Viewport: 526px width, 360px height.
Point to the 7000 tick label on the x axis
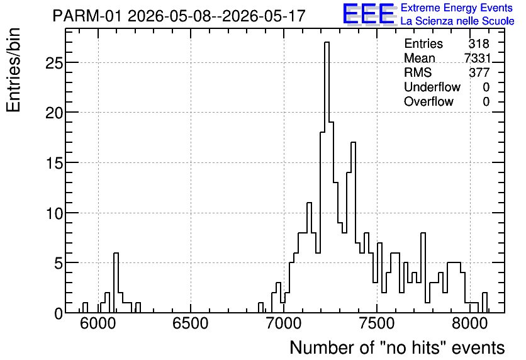[284, 324]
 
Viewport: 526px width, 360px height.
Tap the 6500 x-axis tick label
[191, 324]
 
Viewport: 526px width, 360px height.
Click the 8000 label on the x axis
[469, 324]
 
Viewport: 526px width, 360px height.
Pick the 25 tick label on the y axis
[54, 63]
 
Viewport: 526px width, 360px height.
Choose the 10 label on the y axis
[54, 213]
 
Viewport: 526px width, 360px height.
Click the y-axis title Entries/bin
[13, 70]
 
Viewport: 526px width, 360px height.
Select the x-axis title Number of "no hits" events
[397, 347]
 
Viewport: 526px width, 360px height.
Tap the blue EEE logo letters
[369, 14]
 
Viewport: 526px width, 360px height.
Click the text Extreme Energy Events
[457, 8]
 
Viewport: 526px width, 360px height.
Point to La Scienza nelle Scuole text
[457, 21]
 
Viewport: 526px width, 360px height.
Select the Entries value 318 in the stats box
[479, 43]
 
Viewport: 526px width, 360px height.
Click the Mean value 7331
[478, 58]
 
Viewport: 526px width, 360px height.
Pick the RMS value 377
[479, 72]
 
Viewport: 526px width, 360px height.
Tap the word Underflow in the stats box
[432, 87]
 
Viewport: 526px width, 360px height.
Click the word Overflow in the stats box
[428, 101]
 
